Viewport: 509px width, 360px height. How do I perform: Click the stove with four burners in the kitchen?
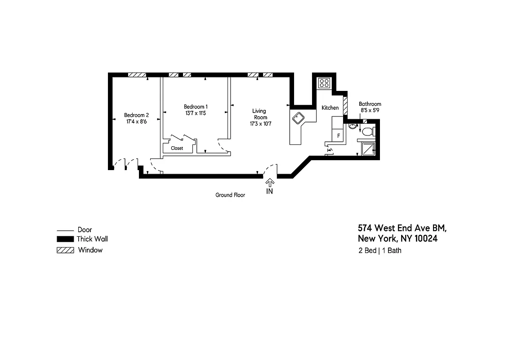[324, 83]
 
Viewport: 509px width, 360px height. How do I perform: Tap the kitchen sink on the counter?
[299, 118]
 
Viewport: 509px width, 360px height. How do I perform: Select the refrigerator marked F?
[338, 135]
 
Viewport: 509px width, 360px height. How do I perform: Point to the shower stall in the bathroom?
[367, 149]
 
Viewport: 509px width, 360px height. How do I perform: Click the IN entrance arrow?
[270, 183]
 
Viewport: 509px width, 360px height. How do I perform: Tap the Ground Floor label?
[230, 195]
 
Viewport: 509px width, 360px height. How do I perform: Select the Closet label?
[177, 148]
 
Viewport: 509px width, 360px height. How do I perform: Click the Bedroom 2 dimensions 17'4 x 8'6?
[136, 121]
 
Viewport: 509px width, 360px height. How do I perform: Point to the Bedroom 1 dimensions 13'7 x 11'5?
[196, 113]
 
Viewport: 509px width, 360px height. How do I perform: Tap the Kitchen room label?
[330, 108]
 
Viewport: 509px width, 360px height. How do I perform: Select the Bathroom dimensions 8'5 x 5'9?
[370, 110]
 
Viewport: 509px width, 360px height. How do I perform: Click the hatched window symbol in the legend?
[65, 250]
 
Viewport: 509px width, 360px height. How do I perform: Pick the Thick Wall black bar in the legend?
[65, 239]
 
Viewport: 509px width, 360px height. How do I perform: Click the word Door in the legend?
[85, 229]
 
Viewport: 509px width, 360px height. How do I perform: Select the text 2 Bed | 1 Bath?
[380, 251]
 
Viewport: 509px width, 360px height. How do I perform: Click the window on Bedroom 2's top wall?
[137, 75]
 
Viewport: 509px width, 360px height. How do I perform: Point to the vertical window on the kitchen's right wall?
[345, 107]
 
